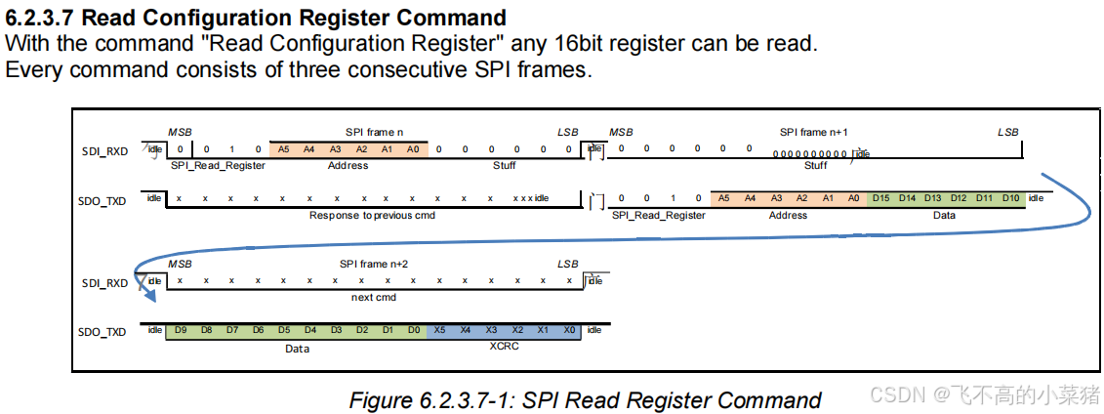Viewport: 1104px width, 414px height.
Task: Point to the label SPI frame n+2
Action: point(374,265)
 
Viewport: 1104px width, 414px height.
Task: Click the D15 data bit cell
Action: point(881,198)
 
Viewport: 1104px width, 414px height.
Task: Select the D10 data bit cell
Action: point(1010,198)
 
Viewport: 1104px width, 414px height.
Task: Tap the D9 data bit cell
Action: point(180,331)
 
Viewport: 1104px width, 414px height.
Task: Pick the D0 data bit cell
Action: point(414,331)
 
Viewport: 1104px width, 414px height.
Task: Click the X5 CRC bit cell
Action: point(439,331)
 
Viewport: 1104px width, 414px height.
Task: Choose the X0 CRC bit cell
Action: point(568,331)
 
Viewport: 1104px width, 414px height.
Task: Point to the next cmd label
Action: point(374,297)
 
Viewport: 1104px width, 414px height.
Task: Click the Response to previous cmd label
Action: point(372,215)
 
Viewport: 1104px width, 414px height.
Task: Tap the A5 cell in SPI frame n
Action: point(283,149)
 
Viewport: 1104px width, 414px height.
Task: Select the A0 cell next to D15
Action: point(853,198)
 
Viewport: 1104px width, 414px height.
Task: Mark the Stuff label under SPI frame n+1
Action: point(815,165)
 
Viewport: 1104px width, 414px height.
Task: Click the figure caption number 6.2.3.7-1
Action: point(469,400)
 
